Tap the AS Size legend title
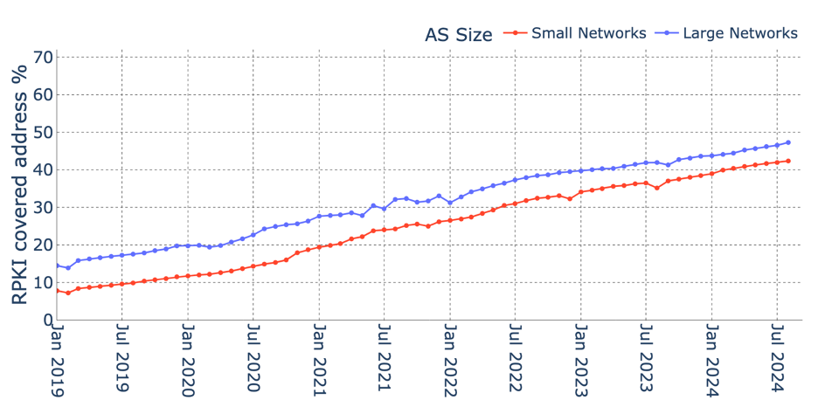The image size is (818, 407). click(x=458, y=35)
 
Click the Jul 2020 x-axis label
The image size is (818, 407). click(x=253, y=362)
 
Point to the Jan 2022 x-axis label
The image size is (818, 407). click(x=450, y=362)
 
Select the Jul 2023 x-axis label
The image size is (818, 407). click(x=647, y=362)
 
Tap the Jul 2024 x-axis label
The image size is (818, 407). click(x=778, y=362)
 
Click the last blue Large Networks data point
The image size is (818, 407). click(x=788, y=142)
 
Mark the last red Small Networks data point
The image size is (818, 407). click(x=788, y=161)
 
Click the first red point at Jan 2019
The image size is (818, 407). click(x=57, y=291)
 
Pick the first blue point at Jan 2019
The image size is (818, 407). click(x=57, y=266)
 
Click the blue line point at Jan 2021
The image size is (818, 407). click(x=319, y=216)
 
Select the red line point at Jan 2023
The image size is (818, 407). click(x=581, y=192)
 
